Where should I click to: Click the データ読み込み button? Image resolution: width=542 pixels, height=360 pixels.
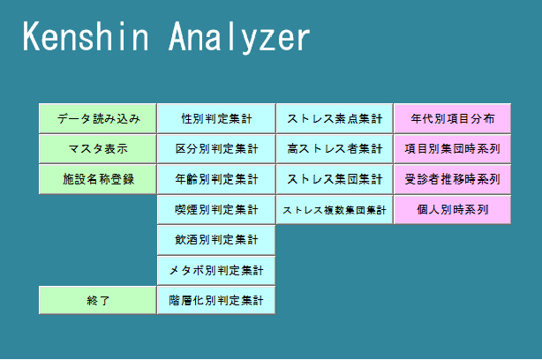tap(98, 118)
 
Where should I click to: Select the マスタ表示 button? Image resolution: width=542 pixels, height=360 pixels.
tap(98, 148)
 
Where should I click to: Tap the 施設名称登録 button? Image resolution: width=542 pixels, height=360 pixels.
tap(98, 178)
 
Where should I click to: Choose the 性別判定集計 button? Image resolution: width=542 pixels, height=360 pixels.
tap(216, 118)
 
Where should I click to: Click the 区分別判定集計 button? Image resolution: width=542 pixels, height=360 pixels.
tap(216, 148)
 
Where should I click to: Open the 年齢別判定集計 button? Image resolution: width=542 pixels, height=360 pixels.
tap(216, 178)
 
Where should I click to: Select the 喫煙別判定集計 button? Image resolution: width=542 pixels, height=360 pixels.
tap(216, 209)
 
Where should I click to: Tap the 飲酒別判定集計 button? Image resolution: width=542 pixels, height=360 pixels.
tap(216, 239)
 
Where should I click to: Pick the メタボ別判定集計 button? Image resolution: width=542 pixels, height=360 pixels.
tap(216, 269)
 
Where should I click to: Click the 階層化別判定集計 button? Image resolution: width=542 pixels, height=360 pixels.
tap(216, 300)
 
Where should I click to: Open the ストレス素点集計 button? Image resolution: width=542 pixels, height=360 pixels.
tap(335, 118)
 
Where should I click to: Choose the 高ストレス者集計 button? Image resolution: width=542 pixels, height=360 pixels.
tap(335, 148)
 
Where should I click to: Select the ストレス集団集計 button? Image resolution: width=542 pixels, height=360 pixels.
tap(335, 178)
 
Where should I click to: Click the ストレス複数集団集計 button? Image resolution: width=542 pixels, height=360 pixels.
tap(335, 209)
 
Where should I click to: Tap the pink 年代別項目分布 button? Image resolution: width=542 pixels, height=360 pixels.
tap(452, 118)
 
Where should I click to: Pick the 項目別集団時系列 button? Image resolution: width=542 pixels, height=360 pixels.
tap(452, 148)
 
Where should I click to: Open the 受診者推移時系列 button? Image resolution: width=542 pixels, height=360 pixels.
tap(452, 178)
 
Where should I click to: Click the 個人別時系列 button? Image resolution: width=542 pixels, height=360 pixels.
tap(452, 209)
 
